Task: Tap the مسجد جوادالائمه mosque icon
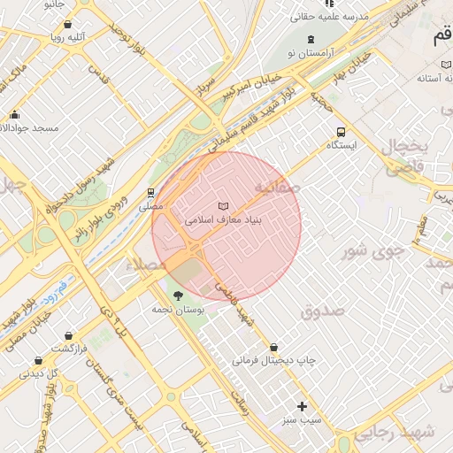click(14, 114)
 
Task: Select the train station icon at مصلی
click(151, 192)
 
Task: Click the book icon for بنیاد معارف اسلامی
click(223, 204)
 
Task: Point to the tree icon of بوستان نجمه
click(179, 295)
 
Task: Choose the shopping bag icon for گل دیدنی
click(38, 360)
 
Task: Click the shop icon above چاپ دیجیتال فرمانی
click(273, 347)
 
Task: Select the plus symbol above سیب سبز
click(303, 407)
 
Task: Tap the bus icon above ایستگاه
click(342, 132)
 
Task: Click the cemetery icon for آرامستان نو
click(311, 39)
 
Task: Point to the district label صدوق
click(320, 311)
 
